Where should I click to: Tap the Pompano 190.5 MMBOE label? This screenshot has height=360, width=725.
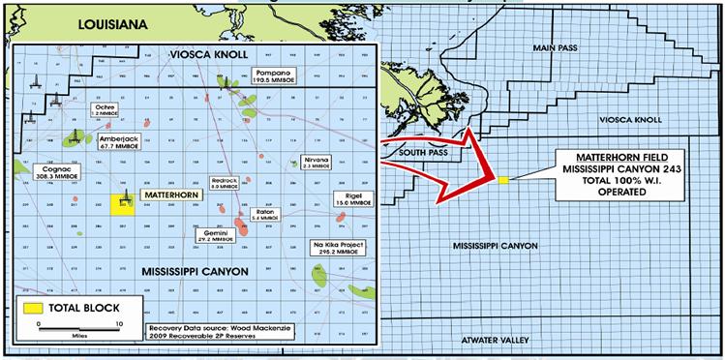(273, 76)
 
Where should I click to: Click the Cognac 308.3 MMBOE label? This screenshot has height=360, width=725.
(43, 173)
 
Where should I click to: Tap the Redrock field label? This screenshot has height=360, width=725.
(225, 184)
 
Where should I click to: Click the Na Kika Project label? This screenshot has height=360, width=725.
(340, 250)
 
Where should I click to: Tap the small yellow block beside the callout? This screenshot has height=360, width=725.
(504, 179)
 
